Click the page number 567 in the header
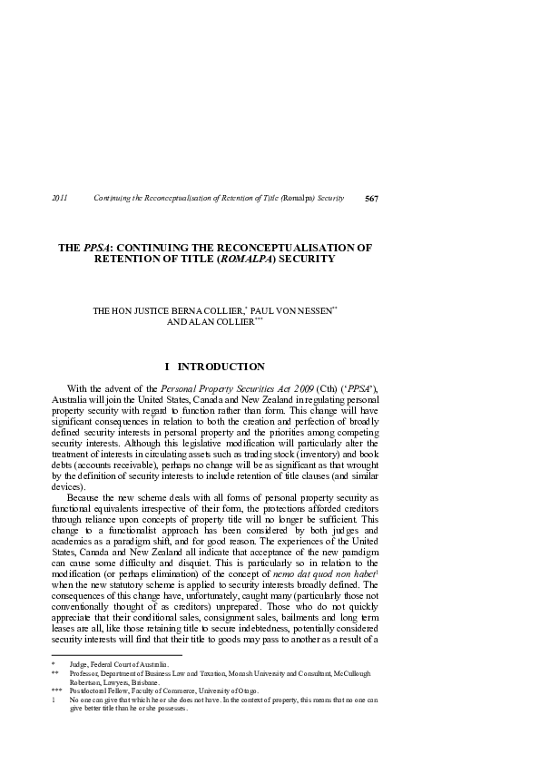(x=370, y=198)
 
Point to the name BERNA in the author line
(x=184, y=310)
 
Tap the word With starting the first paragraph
(x=80, y=389)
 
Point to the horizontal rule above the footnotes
(x=117, y=654)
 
